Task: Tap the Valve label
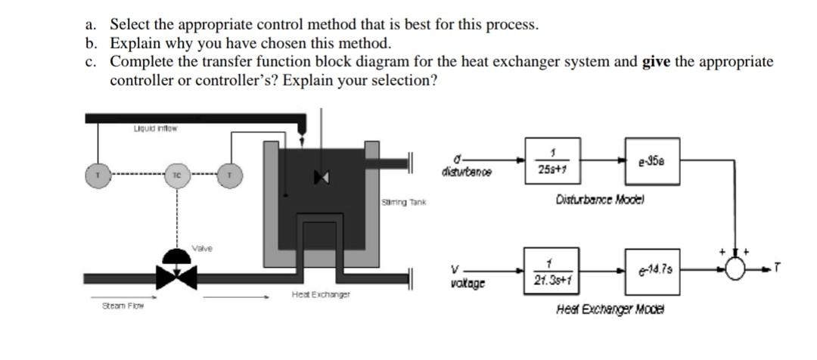pyautogui.click(x=201, y=247)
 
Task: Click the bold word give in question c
pyautogui.click(x=657, y=62)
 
